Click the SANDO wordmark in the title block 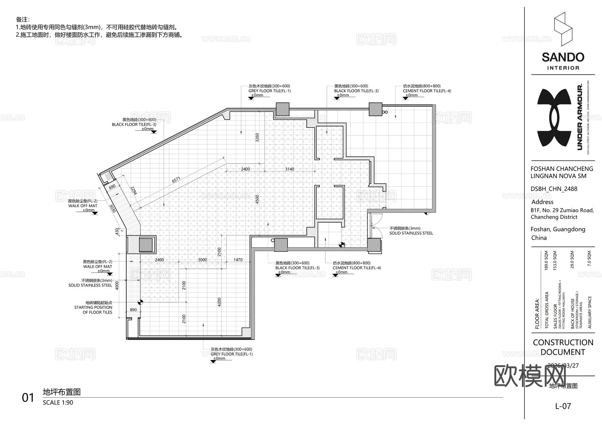(x=563, y=57)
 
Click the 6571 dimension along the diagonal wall (x=176, y=180)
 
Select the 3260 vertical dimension (x=257, y=138)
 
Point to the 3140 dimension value (x=289, y=169)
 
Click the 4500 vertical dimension (x=257, y=199)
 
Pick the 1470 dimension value (x=238, y=260)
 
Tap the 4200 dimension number (x=219, y=302)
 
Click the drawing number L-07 (x=563, y=406)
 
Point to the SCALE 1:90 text (x=58, y=403)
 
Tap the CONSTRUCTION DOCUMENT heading (x=563, y=347)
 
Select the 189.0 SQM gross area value (x=546, y=261)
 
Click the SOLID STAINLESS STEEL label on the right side (x=411, y=233)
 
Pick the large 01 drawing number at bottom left (x=28, y=398)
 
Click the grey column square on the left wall (x=146, y=245)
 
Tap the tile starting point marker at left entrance (x=140, y=302)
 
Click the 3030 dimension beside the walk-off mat (x=113, y=209)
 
